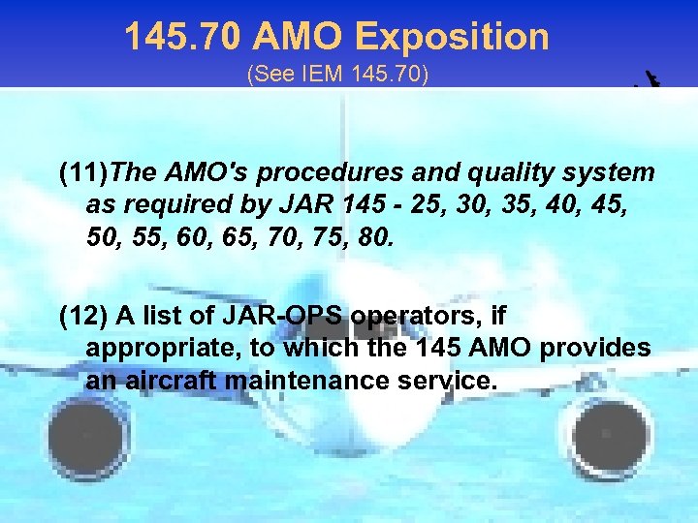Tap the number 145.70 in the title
[184, 38]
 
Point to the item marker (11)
[83, 174]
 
